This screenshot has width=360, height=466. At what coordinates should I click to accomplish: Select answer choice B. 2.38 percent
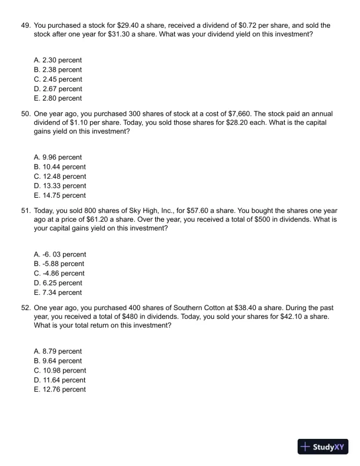58,69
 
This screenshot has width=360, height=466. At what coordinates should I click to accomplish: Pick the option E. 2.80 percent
58,98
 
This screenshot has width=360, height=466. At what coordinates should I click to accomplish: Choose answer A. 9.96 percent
58,157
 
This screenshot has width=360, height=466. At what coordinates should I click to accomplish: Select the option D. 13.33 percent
60,186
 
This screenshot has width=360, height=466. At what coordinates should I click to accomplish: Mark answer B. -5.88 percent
59,264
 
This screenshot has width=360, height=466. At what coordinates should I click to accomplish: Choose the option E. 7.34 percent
58,292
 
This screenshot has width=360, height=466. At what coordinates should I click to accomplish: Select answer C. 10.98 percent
60,370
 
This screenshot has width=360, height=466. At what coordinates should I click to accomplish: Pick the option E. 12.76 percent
60,390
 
